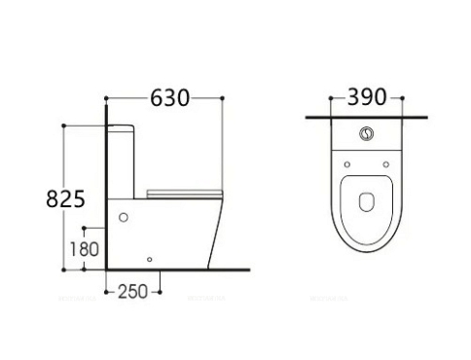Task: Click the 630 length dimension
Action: (169, 97)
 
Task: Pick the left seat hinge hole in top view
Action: (346, 162)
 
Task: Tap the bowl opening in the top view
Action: (368, 202)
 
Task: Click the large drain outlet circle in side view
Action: (124, 217)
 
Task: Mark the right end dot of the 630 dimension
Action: (225, 97)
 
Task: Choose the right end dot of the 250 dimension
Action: (160, 290)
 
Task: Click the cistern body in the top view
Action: (368, 141)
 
